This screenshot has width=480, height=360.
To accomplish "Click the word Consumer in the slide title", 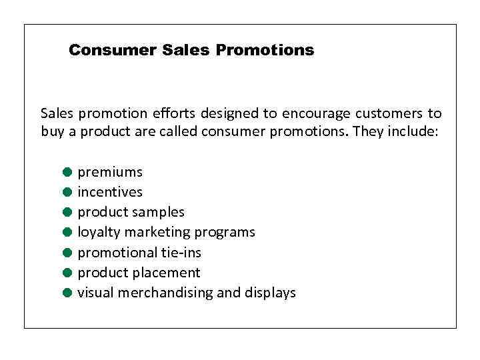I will tap(113, 51).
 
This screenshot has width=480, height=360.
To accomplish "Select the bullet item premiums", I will tap(110, 173).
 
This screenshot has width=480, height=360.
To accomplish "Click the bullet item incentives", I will tap(110, 192).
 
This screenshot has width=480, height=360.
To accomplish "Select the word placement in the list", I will tap(167, 273).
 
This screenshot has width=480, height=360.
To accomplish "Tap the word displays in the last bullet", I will tap(270, 293).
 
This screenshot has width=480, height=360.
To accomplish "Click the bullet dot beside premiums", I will tap(67, 172).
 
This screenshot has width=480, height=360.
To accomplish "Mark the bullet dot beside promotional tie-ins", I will tap(67, 253).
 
